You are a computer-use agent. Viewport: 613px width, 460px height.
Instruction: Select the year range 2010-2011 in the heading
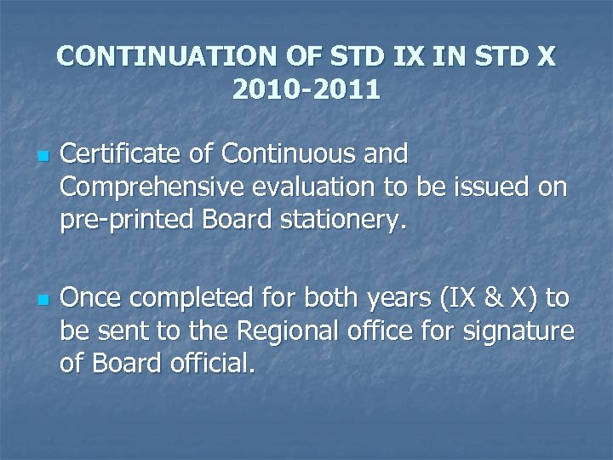[306, 89]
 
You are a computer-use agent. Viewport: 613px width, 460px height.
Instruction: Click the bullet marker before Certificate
[39, 158]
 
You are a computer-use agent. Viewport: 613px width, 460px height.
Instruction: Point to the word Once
[94, 298]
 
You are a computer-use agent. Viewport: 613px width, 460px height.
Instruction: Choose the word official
[212, 363]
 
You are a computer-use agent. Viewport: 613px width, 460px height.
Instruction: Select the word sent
[120, 331]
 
